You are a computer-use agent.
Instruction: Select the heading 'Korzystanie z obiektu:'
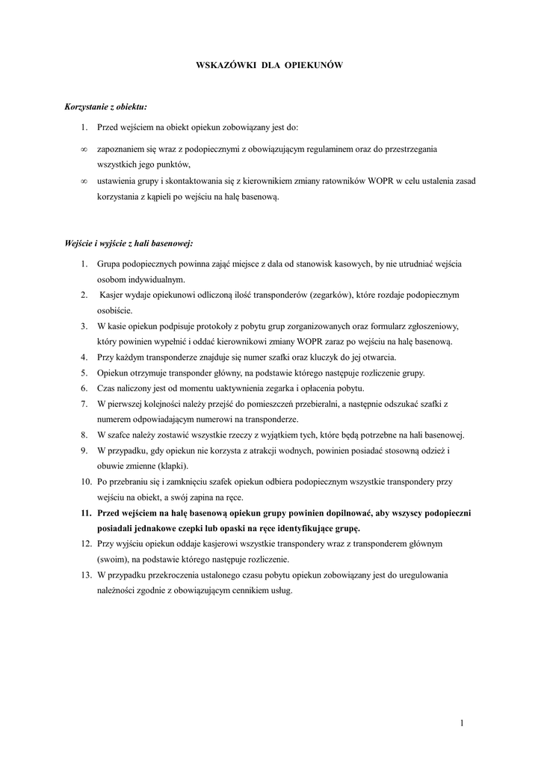(x=101, y=108)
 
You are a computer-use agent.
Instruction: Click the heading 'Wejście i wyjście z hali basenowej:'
(x=129, y=243)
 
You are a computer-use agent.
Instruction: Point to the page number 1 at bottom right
(x=463, y=722)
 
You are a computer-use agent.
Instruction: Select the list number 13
(x=85, y=574)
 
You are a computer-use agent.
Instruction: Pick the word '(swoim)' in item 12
(x=112, y=559)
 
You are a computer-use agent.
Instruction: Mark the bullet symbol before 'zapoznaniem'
(x=84, y=150)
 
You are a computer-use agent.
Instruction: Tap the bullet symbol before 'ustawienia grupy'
(x=84, y=181)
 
